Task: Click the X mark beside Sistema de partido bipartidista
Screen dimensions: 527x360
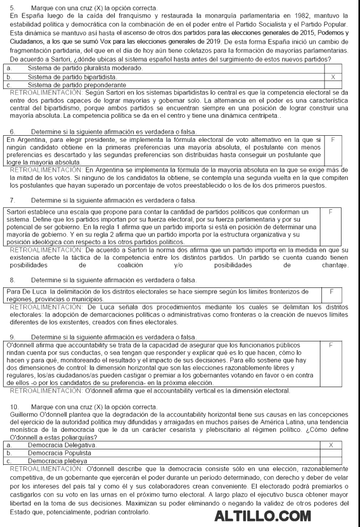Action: (x=333, y=77)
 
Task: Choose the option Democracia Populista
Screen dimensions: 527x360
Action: (x=60, y=452)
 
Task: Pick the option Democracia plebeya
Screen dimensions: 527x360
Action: (x=57, y=461)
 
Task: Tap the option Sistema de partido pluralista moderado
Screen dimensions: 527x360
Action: (x=85, y=68)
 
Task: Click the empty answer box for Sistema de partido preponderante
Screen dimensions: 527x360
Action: (x=333, y=85)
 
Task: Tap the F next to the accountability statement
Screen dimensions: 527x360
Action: (x=331, y=345)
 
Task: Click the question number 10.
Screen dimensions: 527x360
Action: (x=14, y=407)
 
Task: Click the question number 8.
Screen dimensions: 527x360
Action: (x=12, y=280)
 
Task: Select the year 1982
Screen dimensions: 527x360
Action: (x=291, y=16)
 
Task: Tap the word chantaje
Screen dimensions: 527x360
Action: (x=334, y=265)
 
